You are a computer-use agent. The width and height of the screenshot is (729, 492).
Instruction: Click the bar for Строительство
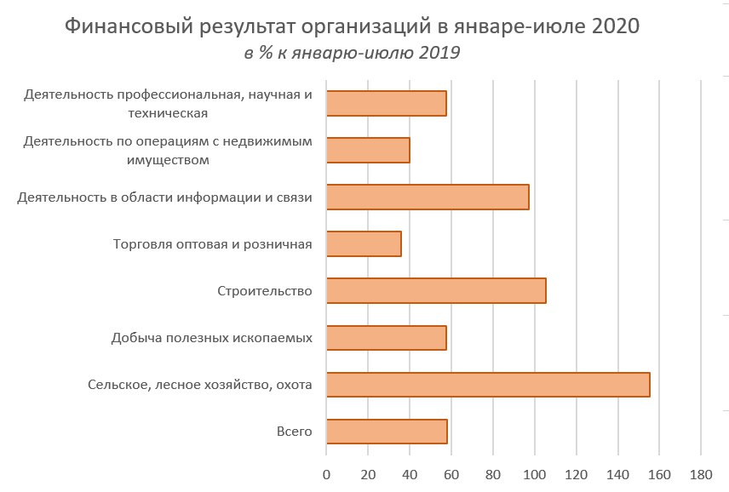pyautogui.click(x=436, y=291)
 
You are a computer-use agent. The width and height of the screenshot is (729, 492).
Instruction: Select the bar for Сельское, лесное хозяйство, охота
pyautogui.click(x=488, y=385)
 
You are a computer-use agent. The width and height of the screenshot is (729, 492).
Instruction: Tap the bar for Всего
pyautogui.click(x=387, y=432)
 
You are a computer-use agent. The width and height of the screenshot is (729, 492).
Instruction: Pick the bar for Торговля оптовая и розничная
pyautogui.click(x=364, y=244)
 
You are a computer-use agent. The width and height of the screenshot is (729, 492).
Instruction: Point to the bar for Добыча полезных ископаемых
pyautogui.click(x=386, y=338)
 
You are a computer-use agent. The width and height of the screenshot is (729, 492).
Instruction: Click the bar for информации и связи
pyautogui.click(x=428, y=197)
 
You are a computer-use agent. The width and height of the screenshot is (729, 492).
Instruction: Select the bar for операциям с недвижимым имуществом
pyautogui.click(x=368, y=151)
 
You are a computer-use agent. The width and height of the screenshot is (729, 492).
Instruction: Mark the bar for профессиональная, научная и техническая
pyautogui.click(x=386, y=104)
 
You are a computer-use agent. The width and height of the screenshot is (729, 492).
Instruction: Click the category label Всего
pyautogui.click(x=295, y=432)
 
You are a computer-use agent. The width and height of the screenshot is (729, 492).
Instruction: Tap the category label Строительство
pyautogui.click(x=265, y=291)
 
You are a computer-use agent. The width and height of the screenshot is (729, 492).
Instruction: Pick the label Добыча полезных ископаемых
pyautogui.click(x=212, y=338)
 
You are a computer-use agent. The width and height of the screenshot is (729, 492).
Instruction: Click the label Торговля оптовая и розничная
pyautogui.click(x=213, y=244)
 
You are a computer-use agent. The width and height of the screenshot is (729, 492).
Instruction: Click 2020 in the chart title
pyautogui.click(x=609, y=27)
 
